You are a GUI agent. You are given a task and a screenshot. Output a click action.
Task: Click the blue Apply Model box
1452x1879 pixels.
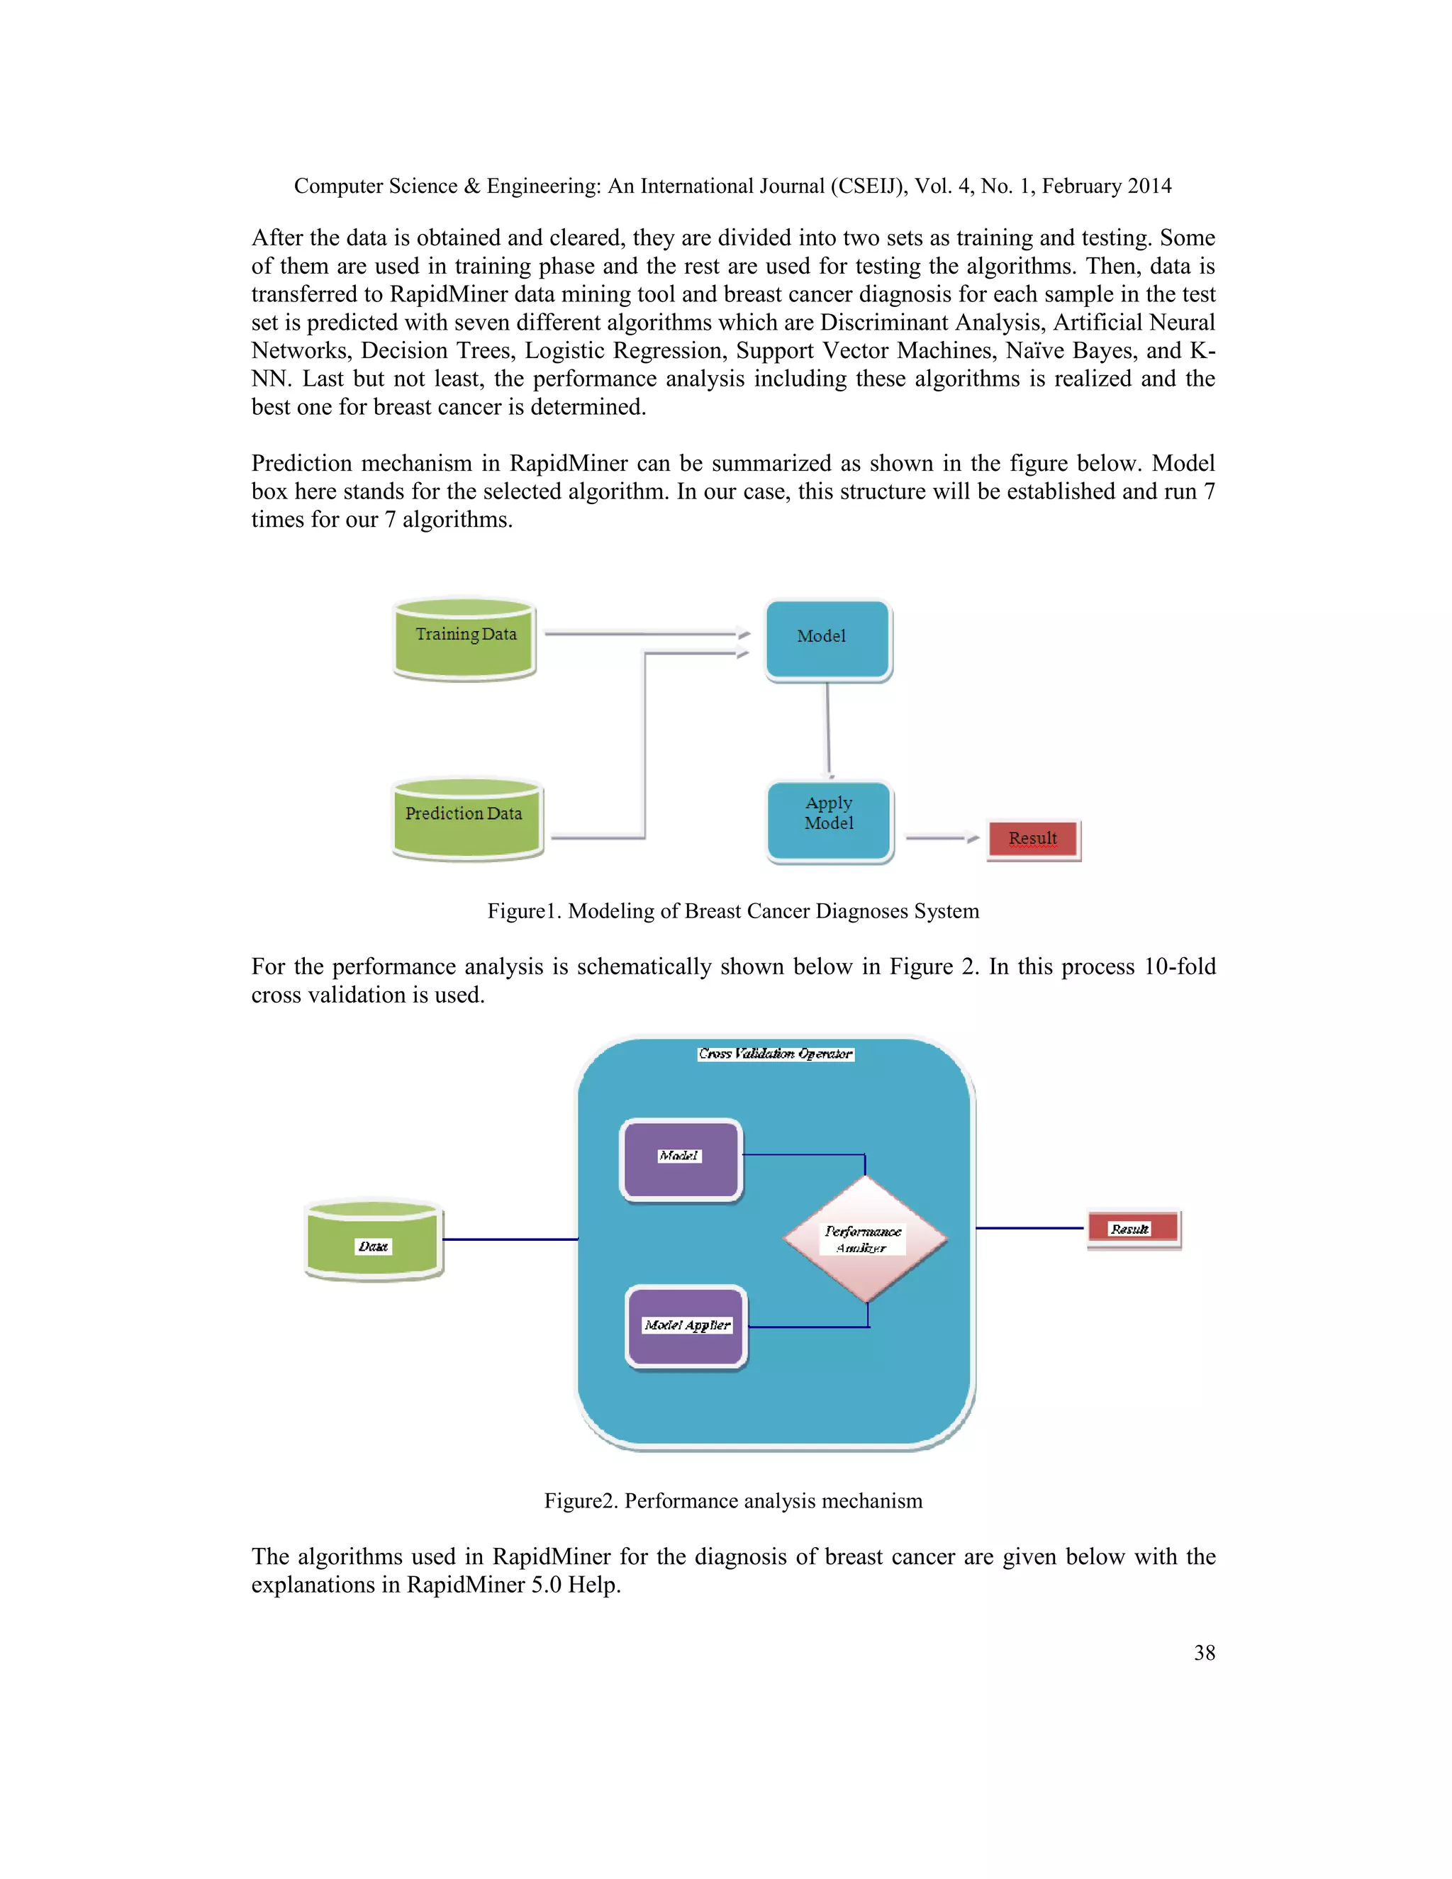(x=830, y=821)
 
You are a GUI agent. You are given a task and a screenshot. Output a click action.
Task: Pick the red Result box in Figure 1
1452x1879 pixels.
(x=1032, y=839)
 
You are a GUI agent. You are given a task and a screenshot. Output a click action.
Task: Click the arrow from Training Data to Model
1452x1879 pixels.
(x=645, y=634)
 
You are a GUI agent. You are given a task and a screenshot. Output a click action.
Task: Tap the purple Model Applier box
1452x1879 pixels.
(x=686, y=1326)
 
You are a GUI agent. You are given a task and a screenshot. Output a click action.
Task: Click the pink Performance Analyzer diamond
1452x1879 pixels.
(x=864, y=1239)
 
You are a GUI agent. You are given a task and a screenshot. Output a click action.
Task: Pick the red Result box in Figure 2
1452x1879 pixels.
(x=1132, y=1229)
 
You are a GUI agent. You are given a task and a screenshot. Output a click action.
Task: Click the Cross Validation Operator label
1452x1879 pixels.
(x=775, y=1054)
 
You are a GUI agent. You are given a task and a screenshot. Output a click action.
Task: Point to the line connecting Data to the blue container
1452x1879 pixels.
(x=509, y=1239)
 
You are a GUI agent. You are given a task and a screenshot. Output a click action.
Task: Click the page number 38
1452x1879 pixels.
(x=1205, y=1653)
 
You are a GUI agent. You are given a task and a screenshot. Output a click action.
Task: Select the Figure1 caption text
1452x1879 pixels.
(x=733, y=911)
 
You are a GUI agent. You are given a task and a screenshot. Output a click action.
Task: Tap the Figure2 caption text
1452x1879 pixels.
(x=733, y=1501)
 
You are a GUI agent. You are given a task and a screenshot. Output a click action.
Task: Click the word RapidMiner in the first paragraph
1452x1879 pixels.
(x=447, y=294)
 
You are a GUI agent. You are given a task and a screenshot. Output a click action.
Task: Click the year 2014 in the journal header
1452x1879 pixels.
(x=1149, y=186)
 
